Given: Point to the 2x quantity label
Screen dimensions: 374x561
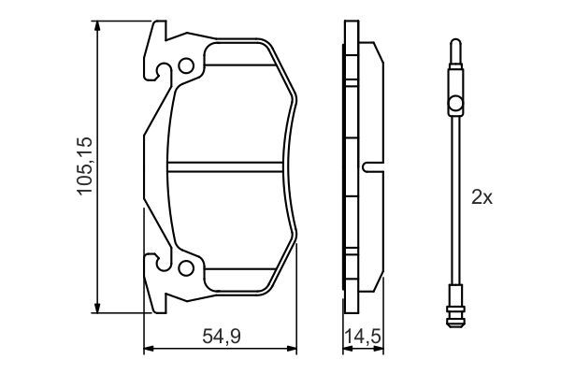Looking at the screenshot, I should (481, 198).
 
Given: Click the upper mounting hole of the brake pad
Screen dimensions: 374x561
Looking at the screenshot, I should (186, 66).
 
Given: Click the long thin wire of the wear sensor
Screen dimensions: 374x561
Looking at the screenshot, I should (454, 206).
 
